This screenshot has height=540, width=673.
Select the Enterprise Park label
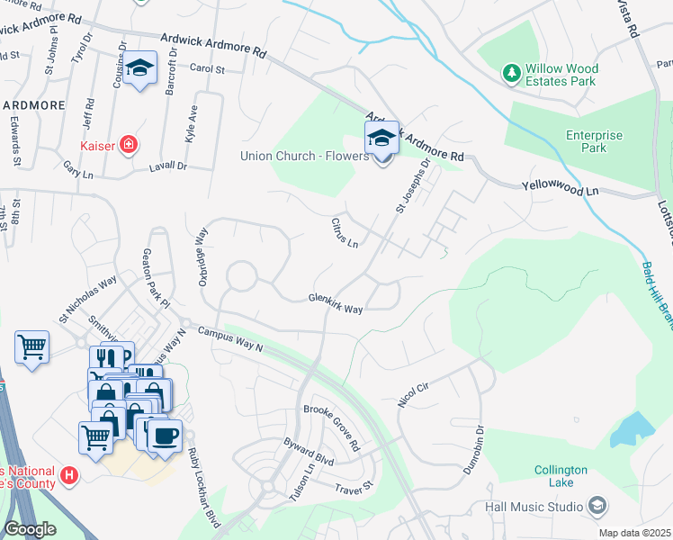594,141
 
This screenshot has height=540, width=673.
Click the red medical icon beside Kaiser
129,144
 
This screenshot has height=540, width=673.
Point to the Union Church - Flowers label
304,156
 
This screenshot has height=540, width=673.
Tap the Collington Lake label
561,476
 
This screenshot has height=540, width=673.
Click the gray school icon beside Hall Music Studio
597,507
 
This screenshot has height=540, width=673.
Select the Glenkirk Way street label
335,303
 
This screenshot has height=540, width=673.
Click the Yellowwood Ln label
560,190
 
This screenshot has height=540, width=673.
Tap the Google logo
30,529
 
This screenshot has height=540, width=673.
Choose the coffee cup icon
164,436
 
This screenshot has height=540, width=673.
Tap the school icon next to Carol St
139,68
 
